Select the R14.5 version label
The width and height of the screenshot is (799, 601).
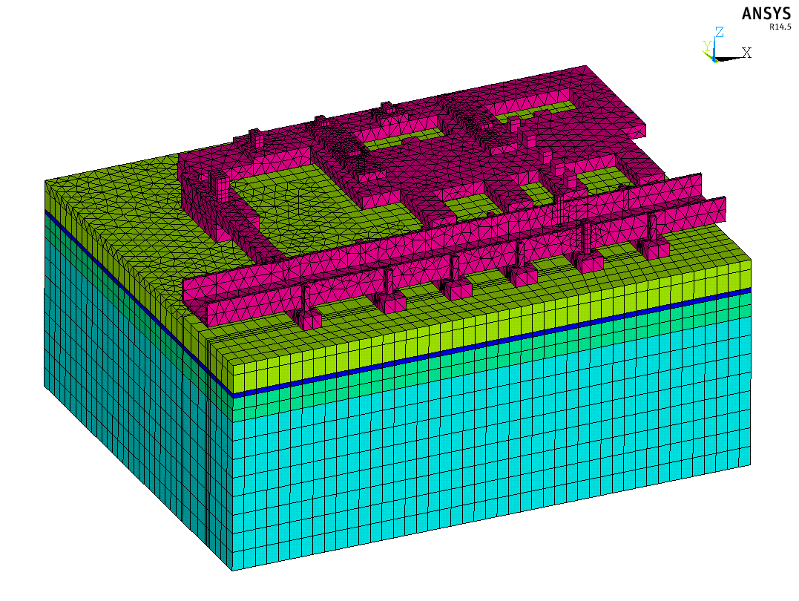coord(779,27)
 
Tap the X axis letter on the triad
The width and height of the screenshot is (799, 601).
coord(746,53)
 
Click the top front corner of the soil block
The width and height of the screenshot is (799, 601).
coord(231,363)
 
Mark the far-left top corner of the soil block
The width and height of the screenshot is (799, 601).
coord(45,180)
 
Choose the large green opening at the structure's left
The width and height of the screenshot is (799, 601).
coord(297,208)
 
